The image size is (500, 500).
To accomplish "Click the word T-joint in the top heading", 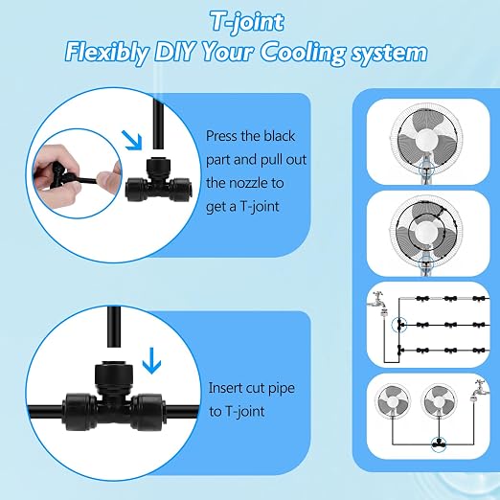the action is click(247, 22).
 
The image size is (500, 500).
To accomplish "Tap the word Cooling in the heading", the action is click(303, 54).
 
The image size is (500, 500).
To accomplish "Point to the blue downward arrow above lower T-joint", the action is click(151, 360).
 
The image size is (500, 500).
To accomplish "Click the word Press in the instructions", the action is click(222, 136).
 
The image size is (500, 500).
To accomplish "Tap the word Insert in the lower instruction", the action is click(225, 388).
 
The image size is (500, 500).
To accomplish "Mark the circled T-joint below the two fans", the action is click(439, 443).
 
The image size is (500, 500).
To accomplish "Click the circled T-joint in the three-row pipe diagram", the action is click(399, 325).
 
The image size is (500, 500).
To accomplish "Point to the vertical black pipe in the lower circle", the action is click(114, 327).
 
